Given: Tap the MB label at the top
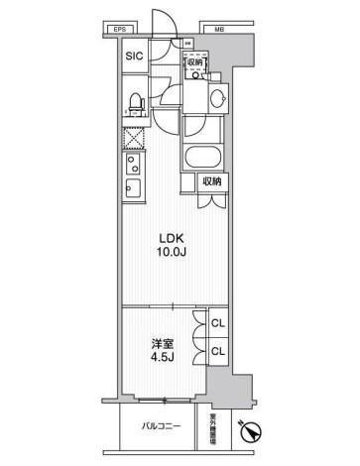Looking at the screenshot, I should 218,31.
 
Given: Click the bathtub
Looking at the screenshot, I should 201,158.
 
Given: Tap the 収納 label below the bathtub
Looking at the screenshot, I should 212,181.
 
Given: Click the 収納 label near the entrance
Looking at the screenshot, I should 195,61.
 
